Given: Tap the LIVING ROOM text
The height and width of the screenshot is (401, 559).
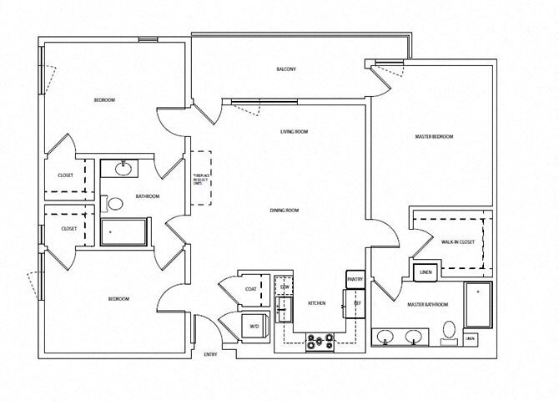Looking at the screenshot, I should (x=295, y=132).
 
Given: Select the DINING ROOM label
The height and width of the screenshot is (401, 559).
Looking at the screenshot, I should (x=284, y=210).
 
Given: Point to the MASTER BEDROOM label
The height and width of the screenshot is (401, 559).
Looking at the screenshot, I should (x=434, y=136).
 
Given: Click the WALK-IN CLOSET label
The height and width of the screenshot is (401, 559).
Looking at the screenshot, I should (x=457, y=241).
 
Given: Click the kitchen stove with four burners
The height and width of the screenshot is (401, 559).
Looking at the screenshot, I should (x=320, y=342).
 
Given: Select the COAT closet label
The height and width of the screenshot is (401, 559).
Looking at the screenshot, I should (x=250, y=290).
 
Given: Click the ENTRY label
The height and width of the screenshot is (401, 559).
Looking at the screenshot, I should (x=211, y=355).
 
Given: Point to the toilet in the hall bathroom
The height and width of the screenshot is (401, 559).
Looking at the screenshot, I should (x=114, y=201).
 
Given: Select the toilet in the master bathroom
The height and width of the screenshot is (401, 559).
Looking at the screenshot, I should (x=450, y=331).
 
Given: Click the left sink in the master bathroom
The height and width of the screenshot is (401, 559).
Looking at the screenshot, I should (x=386, y=337).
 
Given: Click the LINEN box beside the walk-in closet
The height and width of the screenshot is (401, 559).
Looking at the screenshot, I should (x=425, y=272).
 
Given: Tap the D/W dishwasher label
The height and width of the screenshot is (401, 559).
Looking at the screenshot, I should (x=285, y=287).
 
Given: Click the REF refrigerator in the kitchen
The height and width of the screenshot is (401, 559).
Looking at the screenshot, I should (x=356, y=302).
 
